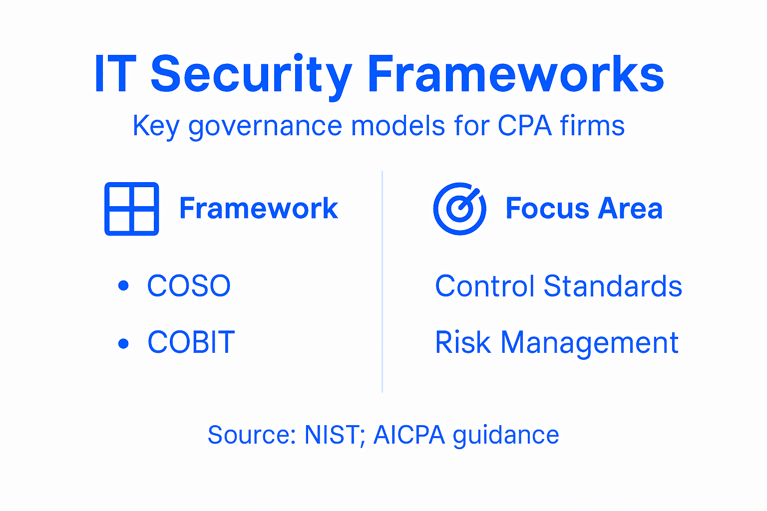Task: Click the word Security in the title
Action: coord(251,75)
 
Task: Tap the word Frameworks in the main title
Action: coord(515,75)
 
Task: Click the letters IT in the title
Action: coord(115,75)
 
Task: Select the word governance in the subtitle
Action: coord(265,126)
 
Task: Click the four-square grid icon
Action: coord(132,209)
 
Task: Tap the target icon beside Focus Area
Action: coord(459,209)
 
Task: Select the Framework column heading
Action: coord(259,209)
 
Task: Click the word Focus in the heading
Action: coord(547,209)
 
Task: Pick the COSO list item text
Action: coord(189,286)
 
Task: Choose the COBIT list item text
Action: coord(191,342)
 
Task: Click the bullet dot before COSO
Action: coord(123,286)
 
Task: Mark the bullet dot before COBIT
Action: coord(123,343)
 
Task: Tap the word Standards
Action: coord(613,286)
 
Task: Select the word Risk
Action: coord(462,342)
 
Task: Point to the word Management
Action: coord(589,343)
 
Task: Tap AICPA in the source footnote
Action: coord(409,435)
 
